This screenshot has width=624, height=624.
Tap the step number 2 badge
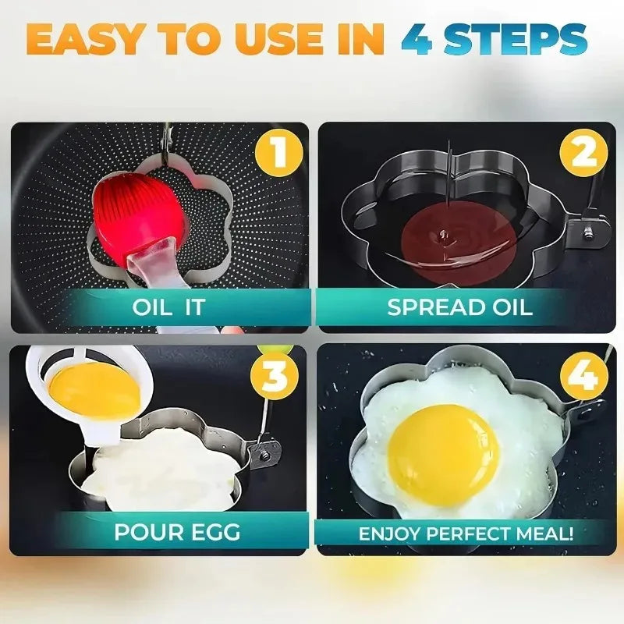coord(583,153)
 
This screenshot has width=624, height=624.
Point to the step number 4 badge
coord(583,376)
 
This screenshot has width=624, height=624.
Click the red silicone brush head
coord(138,209)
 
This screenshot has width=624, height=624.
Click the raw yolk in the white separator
coord(93,388)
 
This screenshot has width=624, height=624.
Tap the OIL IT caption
coord(168,307)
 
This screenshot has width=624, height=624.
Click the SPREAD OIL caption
coord(460,307)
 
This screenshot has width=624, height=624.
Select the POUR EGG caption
coord(177,533)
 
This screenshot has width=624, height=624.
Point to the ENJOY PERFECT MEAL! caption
coord(466,534)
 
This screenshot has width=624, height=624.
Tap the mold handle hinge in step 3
coord(268,451)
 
